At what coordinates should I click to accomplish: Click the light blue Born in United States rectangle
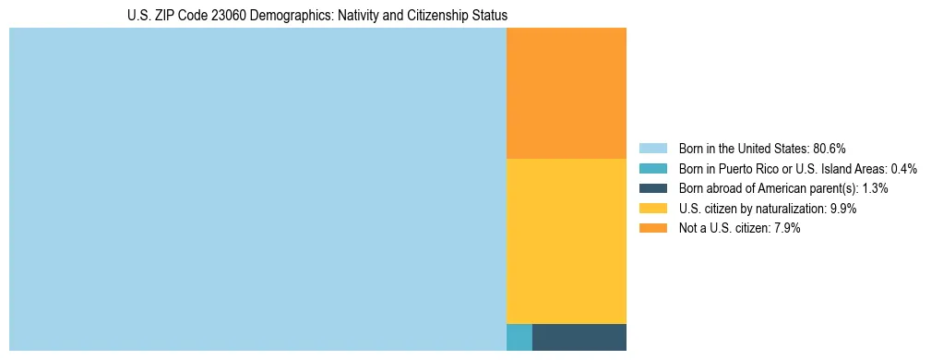257,189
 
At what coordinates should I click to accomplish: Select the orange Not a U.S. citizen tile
567,93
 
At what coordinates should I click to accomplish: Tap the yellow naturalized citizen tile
567,241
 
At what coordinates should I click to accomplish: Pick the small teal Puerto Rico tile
519,337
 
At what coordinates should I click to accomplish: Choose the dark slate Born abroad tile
579,337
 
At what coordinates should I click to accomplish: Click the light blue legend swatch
652,149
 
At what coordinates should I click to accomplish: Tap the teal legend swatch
652,169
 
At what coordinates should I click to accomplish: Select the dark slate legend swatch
652,188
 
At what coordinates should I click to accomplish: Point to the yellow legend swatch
652,209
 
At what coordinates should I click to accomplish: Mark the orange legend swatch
652,229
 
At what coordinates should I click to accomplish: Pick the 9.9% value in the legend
843,209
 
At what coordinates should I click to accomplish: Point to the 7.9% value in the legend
785,229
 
